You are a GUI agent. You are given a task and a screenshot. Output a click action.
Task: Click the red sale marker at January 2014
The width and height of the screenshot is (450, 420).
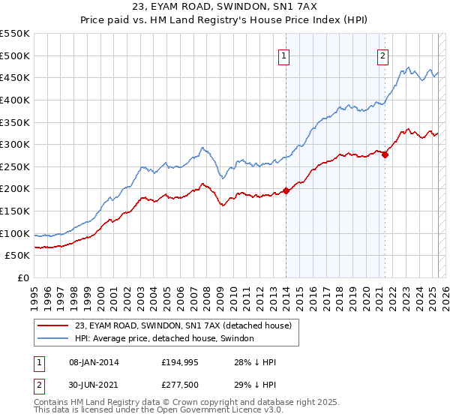(x=286, y=190)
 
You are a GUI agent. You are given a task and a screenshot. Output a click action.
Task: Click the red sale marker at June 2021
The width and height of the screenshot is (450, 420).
(x=385, y=154)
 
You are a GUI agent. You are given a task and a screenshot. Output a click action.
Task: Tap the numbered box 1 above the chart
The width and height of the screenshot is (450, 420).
(x=285, y=55)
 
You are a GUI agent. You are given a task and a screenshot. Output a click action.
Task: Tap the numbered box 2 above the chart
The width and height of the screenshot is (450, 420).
(x=383, y=55)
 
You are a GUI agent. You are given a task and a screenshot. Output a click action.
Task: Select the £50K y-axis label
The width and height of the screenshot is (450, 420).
(x=17, y=256)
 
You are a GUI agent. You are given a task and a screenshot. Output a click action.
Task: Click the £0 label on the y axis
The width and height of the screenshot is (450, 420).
(x=23, y=278)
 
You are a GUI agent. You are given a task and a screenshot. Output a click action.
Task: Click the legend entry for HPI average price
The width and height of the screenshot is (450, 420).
(x=164, y=339)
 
